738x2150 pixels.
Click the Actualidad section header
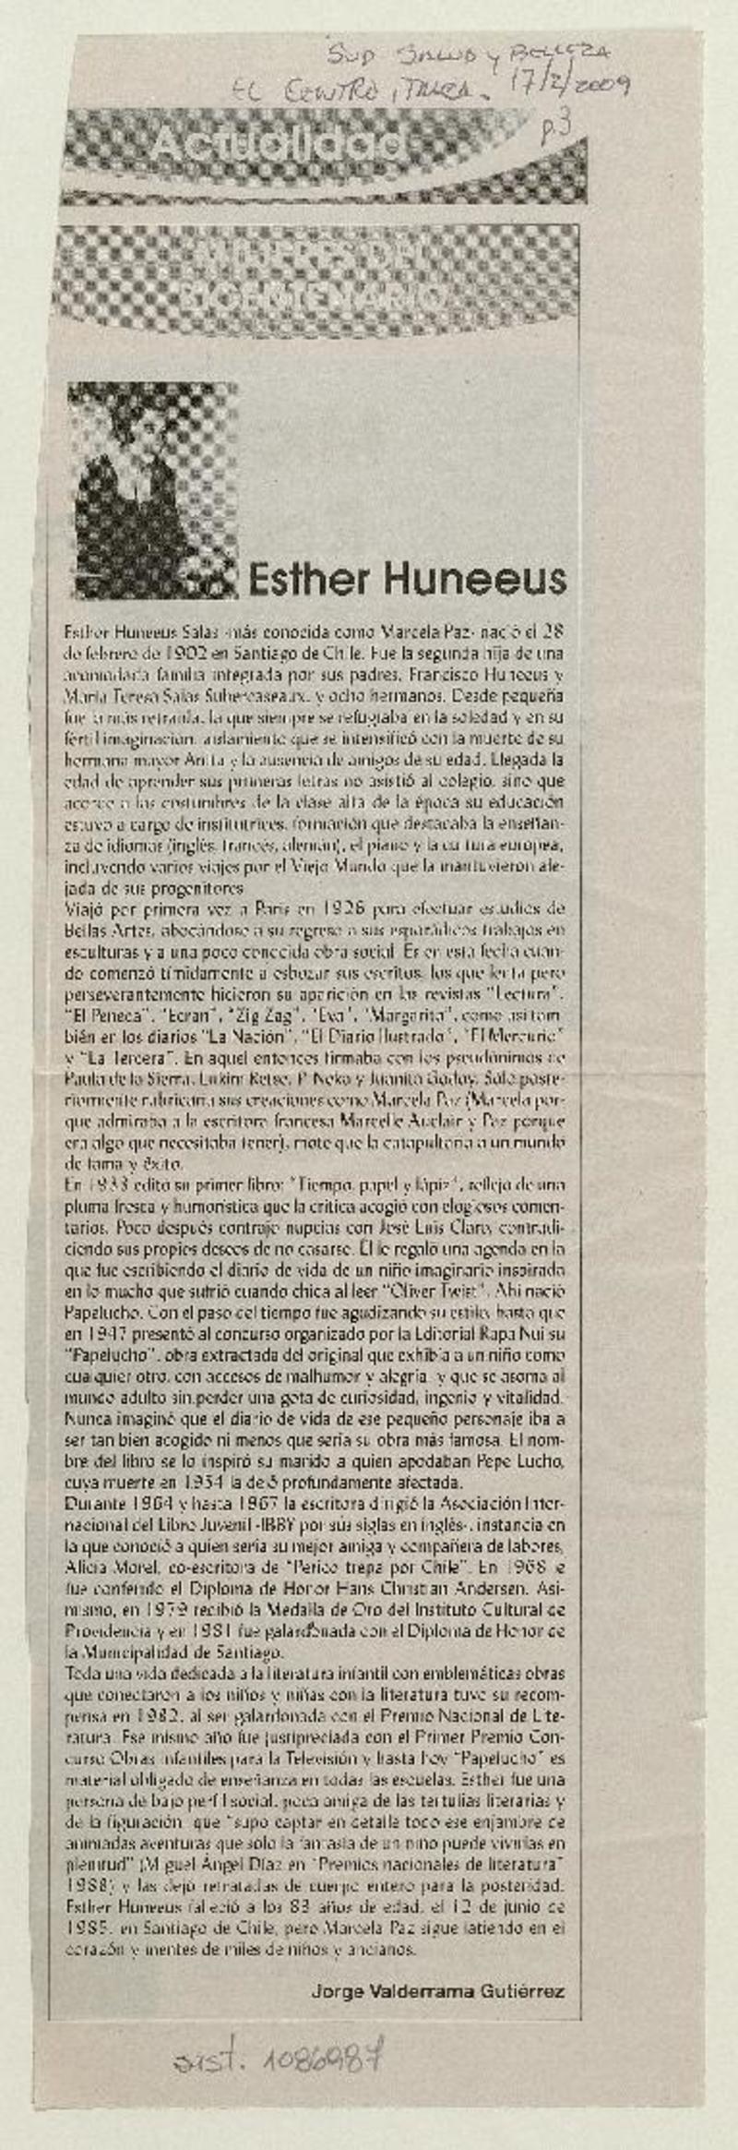[x=276, y=144]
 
